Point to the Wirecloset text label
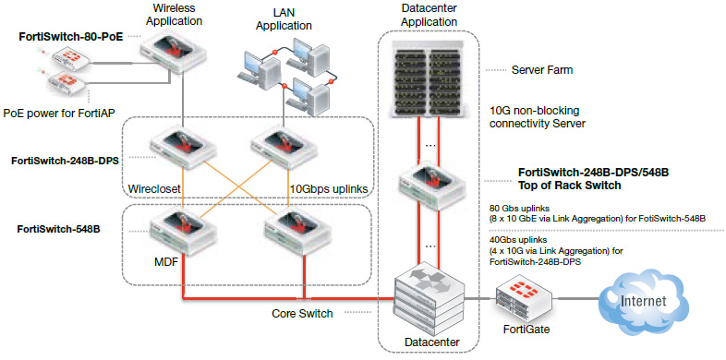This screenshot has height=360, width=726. [x=155, y=189]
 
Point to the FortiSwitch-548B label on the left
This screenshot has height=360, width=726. [x=60, y=226]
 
